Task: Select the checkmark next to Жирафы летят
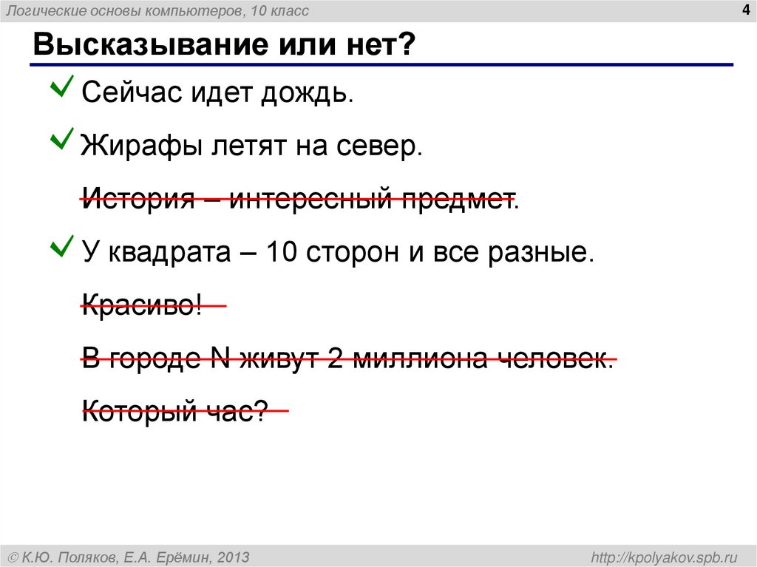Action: click(x=61, y=137)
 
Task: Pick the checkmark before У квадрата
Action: click(x=61, y=245)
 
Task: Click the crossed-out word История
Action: click(x=138, y=199)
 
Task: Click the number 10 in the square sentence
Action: click(x=282, y=253)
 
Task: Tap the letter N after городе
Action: click(x=220, y=359)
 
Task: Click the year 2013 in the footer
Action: click(x=233, y=556)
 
